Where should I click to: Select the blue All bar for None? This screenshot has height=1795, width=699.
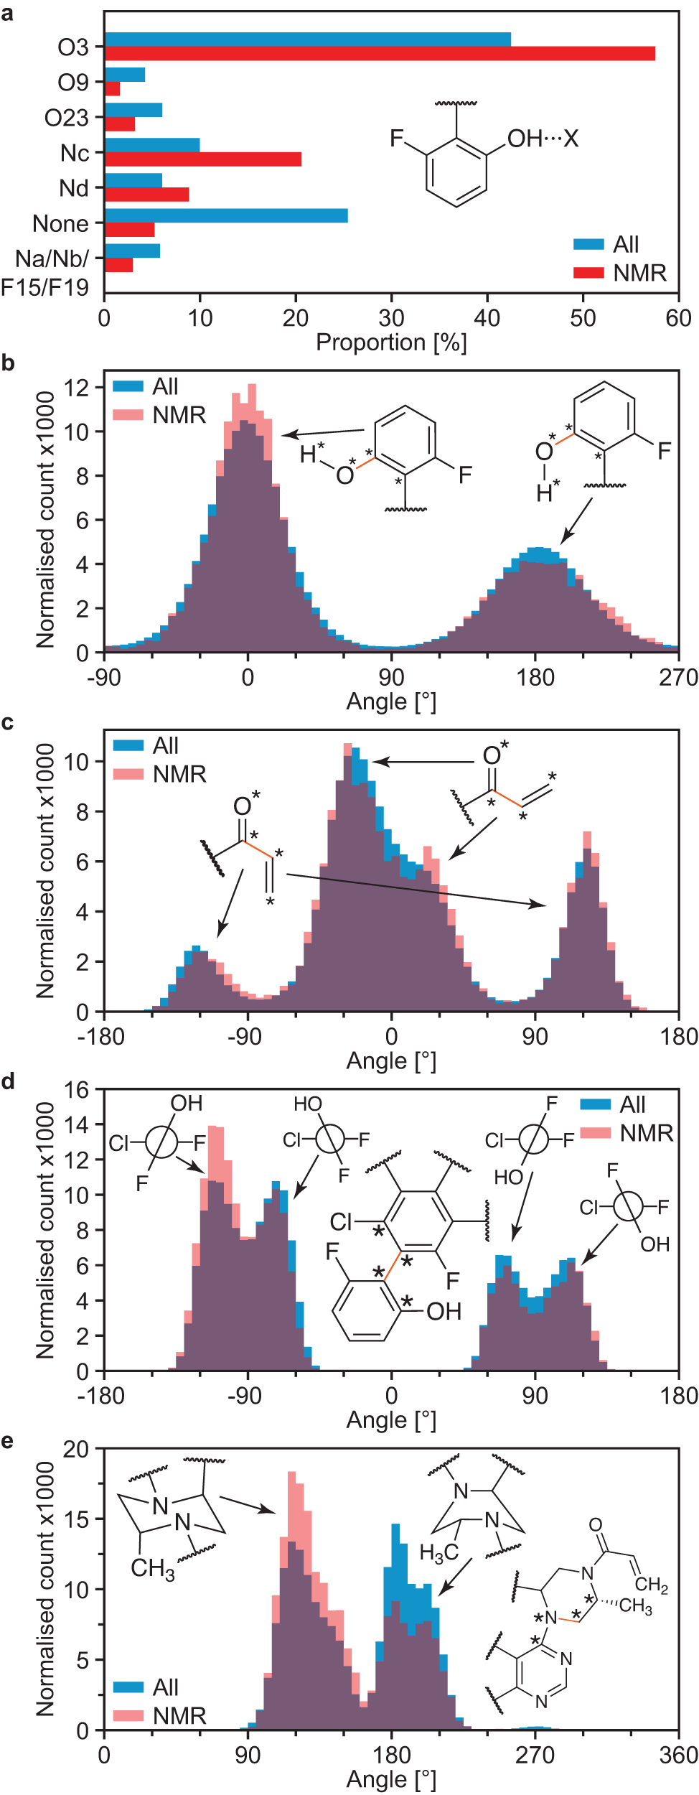point(226,215)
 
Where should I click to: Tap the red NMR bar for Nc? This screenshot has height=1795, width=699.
point(203,159)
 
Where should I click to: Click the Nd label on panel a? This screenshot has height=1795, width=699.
point(74,188)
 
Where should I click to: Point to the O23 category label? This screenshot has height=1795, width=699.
point(66,118)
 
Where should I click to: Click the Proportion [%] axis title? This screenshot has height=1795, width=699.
point(391,342)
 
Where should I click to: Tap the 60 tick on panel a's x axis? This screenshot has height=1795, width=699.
point(678,318)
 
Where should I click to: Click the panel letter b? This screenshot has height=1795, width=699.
point(8,363)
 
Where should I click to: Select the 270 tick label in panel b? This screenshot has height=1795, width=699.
point(678,677)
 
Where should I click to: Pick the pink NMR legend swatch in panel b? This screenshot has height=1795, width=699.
point(128,415)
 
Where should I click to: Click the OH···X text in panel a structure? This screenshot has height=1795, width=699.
point(543,139)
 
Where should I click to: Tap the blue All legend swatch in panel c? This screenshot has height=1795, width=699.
point(128,745)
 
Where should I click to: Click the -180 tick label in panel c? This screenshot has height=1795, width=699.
point(104,1036)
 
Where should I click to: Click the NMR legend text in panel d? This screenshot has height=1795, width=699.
point(647,1133)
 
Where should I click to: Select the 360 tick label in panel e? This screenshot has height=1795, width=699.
point(678,1755)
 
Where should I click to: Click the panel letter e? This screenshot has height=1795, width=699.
point(8,1441)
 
